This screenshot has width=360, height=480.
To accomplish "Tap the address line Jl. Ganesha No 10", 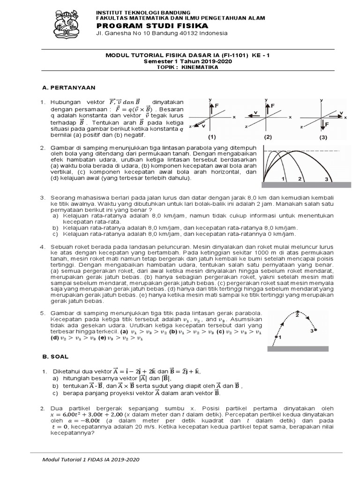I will point(162,33).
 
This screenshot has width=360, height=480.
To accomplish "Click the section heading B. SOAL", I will point(56,356).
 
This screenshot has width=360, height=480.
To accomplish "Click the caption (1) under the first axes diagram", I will point(212,137).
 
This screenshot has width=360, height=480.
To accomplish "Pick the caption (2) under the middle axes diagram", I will point(268,137).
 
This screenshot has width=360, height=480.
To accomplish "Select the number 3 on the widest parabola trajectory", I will point(326,179).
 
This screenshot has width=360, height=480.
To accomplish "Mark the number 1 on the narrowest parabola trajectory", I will point(284,179).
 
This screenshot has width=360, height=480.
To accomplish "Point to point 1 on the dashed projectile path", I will point(277,337).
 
